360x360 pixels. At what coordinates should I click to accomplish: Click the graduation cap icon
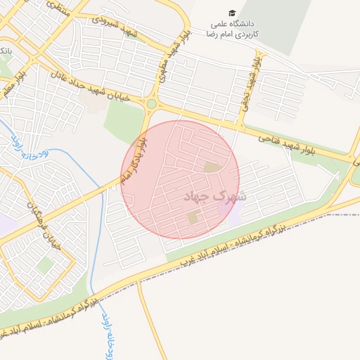[x=232, y=13]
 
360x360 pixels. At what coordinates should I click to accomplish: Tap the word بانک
[x=6, y=51]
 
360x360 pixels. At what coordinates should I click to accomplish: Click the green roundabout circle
[x=151, y=105]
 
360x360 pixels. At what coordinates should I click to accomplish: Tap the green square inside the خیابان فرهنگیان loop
[x=45, y=265]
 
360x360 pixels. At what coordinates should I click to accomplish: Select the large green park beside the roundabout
[x=123, y=122]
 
